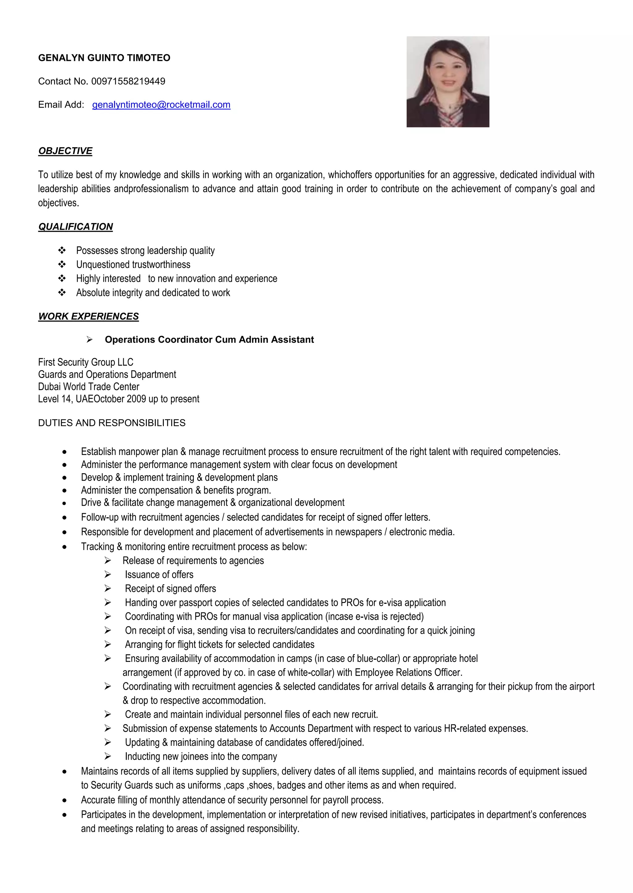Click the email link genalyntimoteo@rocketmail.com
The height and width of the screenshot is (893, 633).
tap(161, 105)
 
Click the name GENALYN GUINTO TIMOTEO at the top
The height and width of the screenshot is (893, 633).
tap(104, 58)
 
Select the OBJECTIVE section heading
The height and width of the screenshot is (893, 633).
tap(65, 151)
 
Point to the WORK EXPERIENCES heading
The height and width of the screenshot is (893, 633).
tap(88, 316)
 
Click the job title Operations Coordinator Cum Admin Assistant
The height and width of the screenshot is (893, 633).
tap(209, 340)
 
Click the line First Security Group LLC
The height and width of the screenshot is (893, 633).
tap(85, 362)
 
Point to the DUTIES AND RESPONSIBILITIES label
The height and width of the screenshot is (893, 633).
tap(112, 423)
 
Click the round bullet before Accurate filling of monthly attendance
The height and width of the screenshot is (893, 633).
tap(64, 801)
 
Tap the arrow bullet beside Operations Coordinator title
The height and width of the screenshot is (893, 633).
tap(89, 340)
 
